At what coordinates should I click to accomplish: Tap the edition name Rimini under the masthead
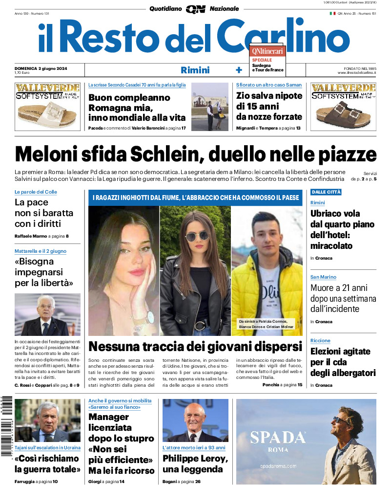(x=195, y=70)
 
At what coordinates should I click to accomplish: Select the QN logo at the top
(x=195, y=9)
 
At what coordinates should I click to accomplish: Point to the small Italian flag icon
(x=332, y=13)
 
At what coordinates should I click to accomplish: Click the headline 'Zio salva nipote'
(x=268, y=106)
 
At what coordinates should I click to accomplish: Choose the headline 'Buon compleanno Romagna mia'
(x=137, y=108)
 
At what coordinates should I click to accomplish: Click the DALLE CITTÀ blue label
(x=326, y=192)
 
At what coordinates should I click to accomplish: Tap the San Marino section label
(x=323, y=277)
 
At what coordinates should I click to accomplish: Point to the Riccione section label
(x=320, y=340)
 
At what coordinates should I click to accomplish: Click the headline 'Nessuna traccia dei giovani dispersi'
(x=195, y=347)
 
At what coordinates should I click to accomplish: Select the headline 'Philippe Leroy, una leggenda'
(x=195, y=464)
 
